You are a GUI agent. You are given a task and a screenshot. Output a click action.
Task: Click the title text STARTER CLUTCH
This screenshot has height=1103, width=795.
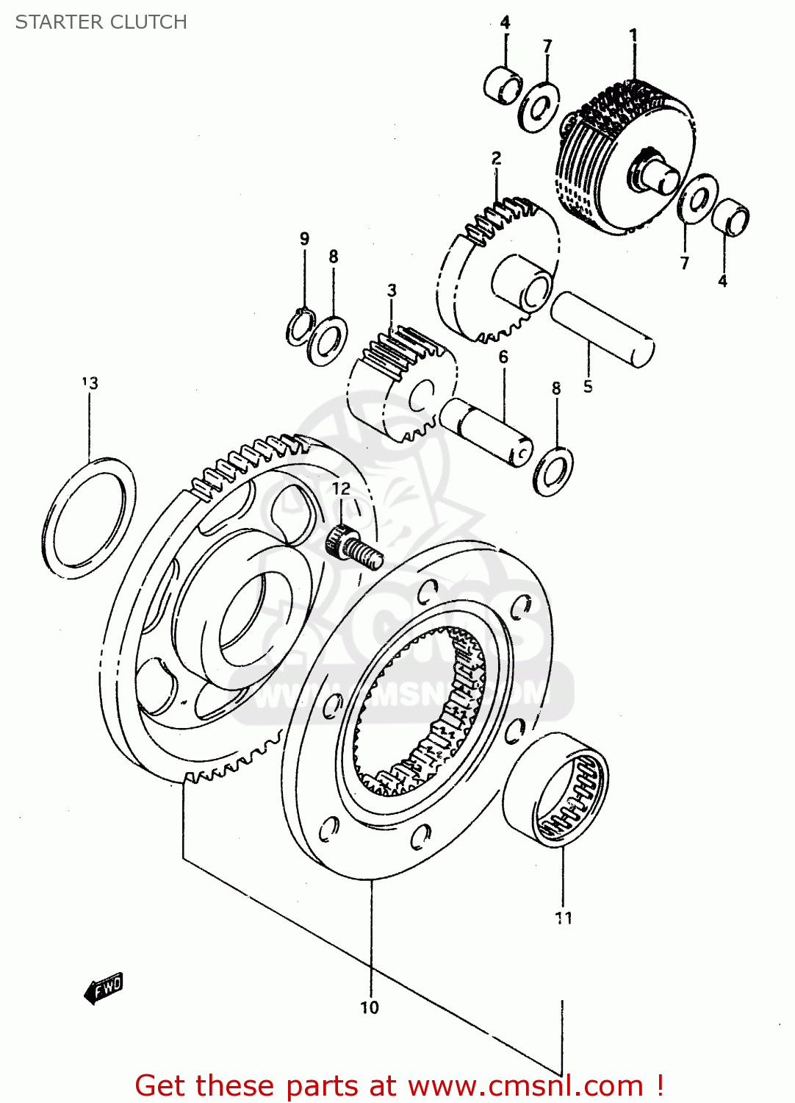tap(101, 22)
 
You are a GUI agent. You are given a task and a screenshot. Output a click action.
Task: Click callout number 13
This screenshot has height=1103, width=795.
tap(90, 382)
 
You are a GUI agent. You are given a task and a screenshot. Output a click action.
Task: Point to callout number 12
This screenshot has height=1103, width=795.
tap(341, 489)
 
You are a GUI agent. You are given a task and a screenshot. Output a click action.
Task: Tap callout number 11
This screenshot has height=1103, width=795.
tap(564, 917)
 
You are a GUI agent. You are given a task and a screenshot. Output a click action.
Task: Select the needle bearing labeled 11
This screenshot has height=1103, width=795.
tap(557, 790)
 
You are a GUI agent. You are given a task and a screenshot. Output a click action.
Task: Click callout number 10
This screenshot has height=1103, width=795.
tap(370, 1007)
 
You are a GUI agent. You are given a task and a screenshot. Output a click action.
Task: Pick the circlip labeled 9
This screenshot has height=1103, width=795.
tap(300, 327)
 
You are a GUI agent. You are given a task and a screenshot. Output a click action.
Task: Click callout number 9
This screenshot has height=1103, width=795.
tap(304, 239)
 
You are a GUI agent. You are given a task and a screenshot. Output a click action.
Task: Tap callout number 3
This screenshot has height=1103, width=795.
tap(392, 290)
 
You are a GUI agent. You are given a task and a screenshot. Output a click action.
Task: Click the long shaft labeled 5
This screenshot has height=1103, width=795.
tap(602, 329)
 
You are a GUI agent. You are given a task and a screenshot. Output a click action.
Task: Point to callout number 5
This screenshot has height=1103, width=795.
tap(588, 386)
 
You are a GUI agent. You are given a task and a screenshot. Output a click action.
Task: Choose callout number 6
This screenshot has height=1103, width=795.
tap(503, 357)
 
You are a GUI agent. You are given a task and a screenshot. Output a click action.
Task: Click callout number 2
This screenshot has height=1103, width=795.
tap(497, 158)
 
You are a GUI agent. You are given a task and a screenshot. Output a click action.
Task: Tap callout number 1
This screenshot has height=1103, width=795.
tap(633, 35)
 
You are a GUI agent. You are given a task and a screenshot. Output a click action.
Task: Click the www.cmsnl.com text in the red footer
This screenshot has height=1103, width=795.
tap(525, 1086)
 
